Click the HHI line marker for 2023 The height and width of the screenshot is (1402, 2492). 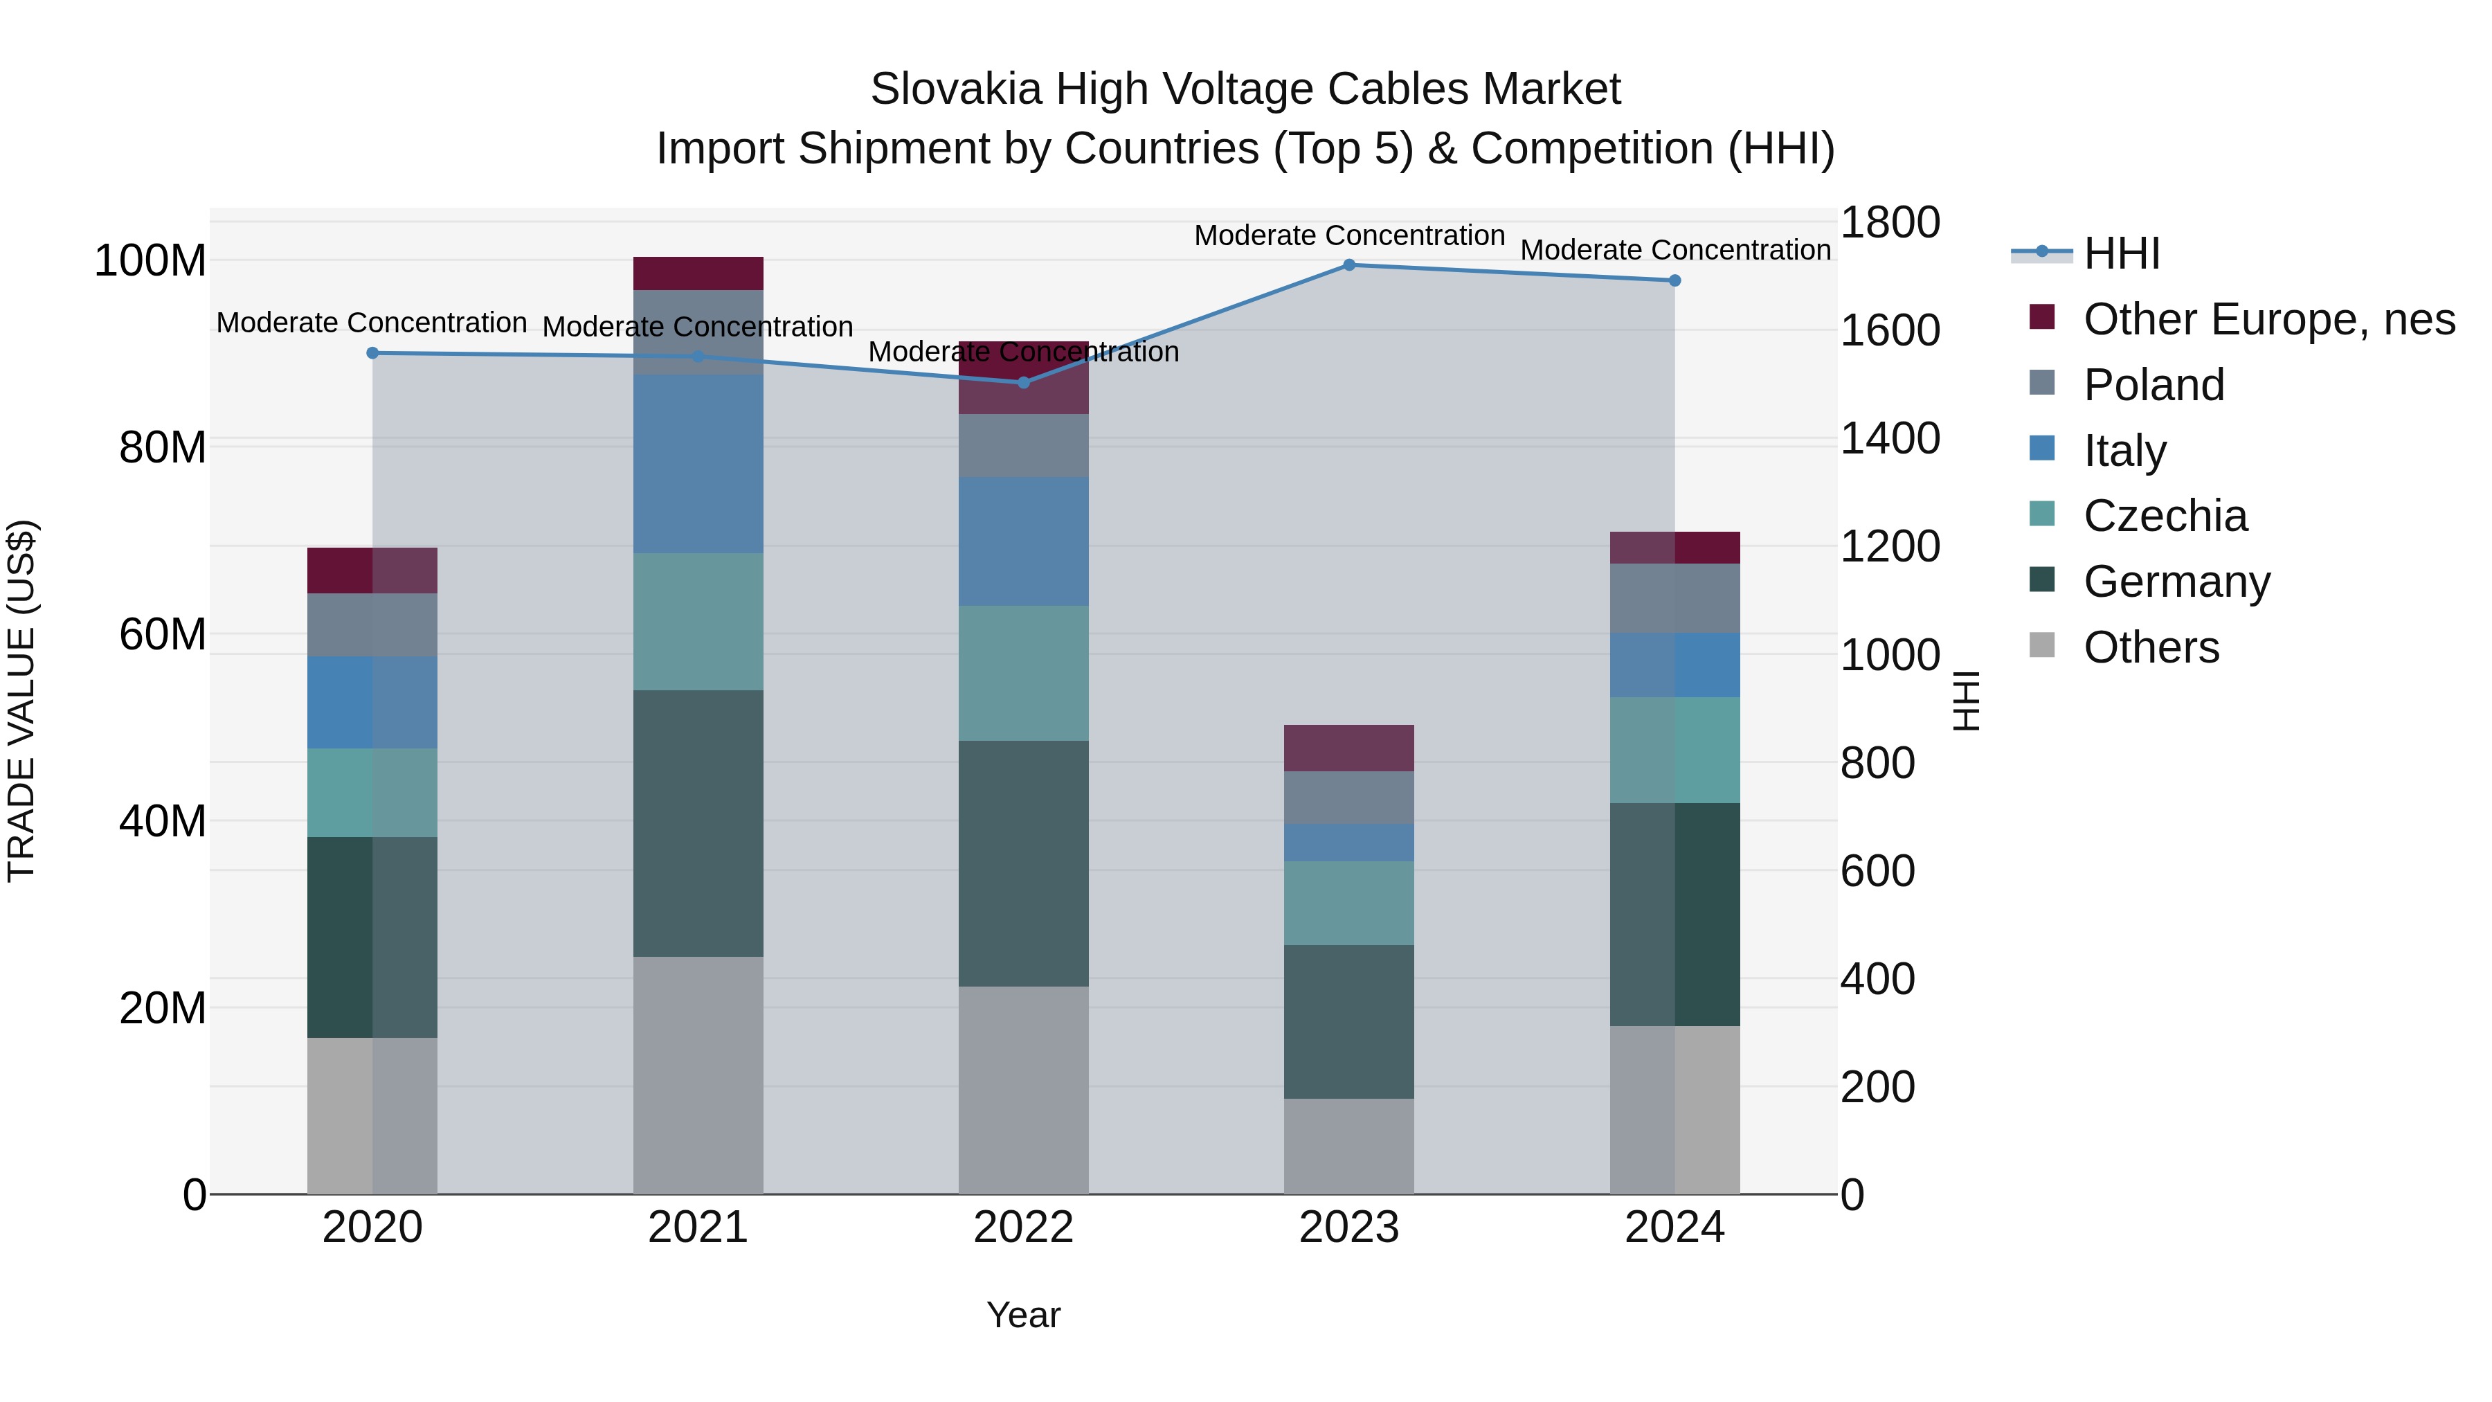pyautogui.click(x=1348, y=264)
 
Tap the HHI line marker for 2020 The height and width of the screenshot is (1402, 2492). pyautogui.click(x=372, y=353)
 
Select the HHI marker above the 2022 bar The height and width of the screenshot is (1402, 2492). pyautogui.click(x=1024, y=382)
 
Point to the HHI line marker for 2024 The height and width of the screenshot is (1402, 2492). pyautogui.click(x=1674, y=280)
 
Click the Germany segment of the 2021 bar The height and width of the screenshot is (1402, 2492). pyautogui.click(x=698, y=823)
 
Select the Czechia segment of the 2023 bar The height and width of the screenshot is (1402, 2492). pyautogui.click(x=1348, y=903)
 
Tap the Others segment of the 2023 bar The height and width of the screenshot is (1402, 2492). pyautogui.click(x=1348, y=1146)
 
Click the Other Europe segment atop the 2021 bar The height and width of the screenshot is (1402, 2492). pyautogui.click(x=698, y=273)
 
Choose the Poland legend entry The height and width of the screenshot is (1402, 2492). pyautogui.click(x=2154, y=385)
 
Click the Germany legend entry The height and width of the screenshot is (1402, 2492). pyautogui.click(x=2176, y=582)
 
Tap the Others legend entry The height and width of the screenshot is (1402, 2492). pyautogui.click(x=2151, y=647)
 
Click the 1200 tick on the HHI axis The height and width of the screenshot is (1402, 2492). pyautogui.click(x=1889, y=547)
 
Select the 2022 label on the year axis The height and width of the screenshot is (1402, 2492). pyautogui.click(x=1024, y=1228)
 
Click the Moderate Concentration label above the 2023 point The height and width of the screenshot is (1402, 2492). pyautogui.click(x=1348, y=235)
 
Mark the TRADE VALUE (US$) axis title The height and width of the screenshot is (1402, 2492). pyautogui.click(x=21, y=701)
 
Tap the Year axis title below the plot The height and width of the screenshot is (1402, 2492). pyautogui.click(x=1024, y=1315)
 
